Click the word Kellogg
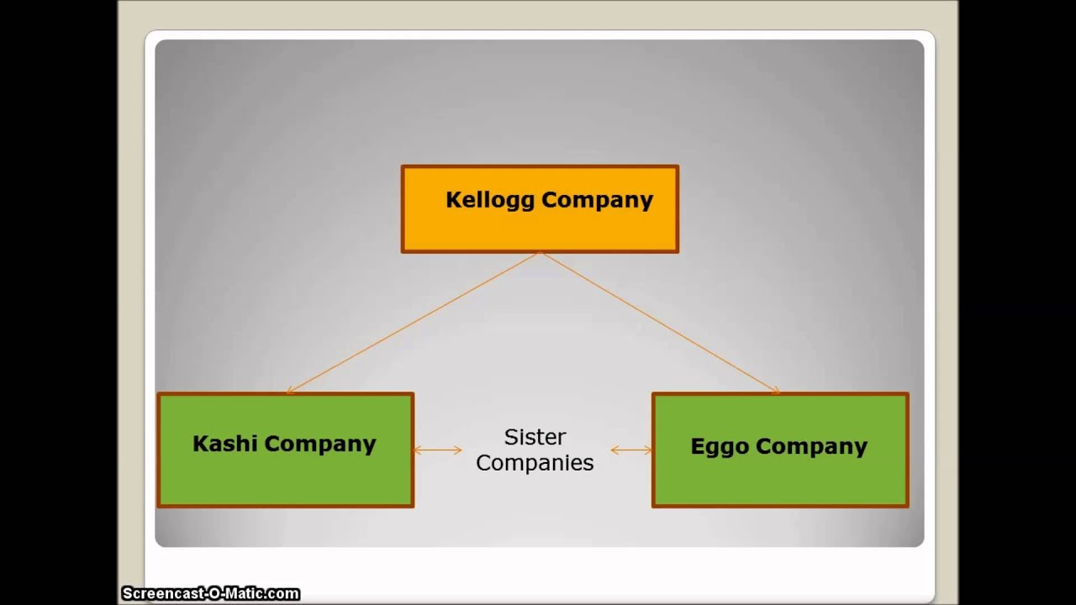[490, 200]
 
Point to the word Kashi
[225, 444]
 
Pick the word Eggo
[720, 446]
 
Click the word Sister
[535, 437]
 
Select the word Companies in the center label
[535, 463]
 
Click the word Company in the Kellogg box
[598, 200]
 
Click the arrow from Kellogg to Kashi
[412, 323]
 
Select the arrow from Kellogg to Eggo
[660, 323]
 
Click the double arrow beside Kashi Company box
[437, 450]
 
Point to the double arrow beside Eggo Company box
[631, 450]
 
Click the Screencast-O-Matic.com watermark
[210, 594]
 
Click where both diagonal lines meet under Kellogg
[540, 254]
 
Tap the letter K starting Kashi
[200, 444]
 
